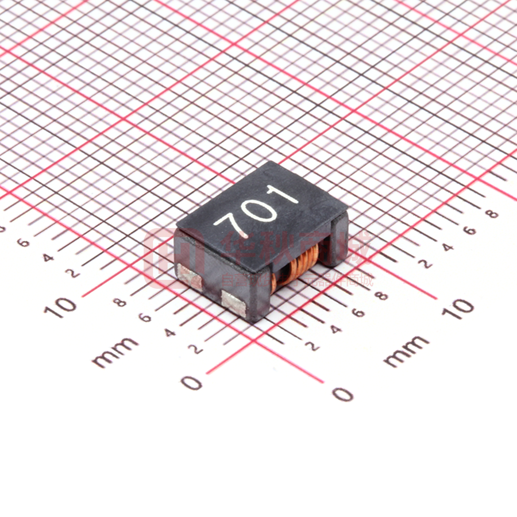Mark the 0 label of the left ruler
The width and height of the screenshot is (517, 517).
tap(191, 382)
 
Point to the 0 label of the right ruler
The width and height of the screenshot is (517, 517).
tap(342, 394)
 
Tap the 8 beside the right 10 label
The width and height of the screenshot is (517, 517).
tap(380, 296)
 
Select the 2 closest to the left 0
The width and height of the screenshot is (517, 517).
tap(196, 349)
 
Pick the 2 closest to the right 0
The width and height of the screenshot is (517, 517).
tap(313, 346)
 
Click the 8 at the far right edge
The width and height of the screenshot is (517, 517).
tap(492, 214)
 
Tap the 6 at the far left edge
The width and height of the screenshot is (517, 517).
tap(23, 242)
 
